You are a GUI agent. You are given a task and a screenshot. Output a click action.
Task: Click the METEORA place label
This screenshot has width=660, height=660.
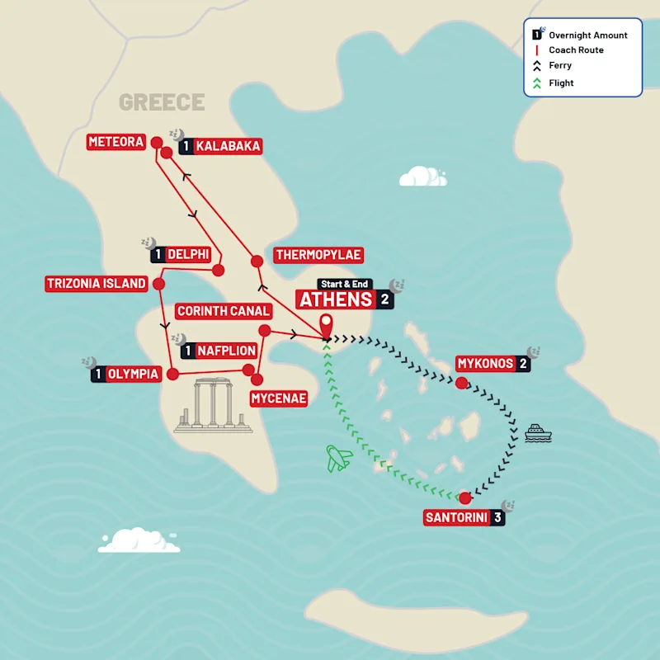pyautogui.click(x=115, y=142)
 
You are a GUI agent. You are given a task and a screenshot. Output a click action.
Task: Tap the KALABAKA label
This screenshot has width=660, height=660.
pyautogui.click(x=229, y=146)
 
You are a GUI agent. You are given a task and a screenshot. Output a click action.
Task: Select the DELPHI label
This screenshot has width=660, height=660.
pyautogui.click(x=187, y=255)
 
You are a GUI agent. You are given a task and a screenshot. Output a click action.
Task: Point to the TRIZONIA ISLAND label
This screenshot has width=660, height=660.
pyautogui.click(x=97, y=284)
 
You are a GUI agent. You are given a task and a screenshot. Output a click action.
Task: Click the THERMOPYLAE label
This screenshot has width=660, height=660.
pyautogui.click(x=318, y=255)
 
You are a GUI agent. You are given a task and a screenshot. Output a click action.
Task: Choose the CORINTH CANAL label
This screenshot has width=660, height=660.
pyautogui.click(x=224, y=311)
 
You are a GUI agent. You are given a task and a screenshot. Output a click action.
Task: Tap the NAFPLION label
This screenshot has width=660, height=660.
pyautogui.click(x=225, y=351)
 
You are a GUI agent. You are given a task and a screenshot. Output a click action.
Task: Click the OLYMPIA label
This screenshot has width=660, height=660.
pyautogui.click(x=133, y=374)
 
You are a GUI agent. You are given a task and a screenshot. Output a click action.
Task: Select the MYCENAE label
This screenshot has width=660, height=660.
pyautogui.click(x=278, y=398)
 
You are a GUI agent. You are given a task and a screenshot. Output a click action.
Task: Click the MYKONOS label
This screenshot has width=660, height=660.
pyautogui.click(x=485, y=364)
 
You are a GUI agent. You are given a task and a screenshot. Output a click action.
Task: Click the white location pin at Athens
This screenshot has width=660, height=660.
pyautogui.click(x=327, y=325)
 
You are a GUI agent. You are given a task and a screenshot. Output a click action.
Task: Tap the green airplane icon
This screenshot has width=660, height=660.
pyautogui.click(x=339, y=458)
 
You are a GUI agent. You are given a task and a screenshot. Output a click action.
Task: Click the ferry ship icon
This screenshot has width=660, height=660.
pyautogui.click(x=537, y=432)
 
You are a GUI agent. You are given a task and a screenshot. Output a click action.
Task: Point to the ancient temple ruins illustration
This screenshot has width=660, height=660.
pyautogui.click(x=213, y=406)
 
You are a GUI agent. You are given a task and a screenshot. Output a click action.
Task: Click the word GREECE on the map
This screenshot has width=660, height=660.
pyautogui.click(x=162, y=102)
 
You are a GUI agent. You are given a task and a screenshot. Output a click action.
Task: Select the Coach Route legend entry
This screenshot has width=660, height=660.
pyautogui.click(x=575, y=50)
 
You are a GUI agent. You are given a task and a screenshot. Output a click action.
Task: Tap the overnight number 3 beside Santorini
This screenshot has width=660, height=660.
pyautogui.click(x=497, y=518)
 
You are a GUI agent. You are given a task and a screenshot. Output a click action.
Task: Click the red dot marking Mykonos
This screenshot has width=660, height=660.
pyautogui.click(x=462, y=383)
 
